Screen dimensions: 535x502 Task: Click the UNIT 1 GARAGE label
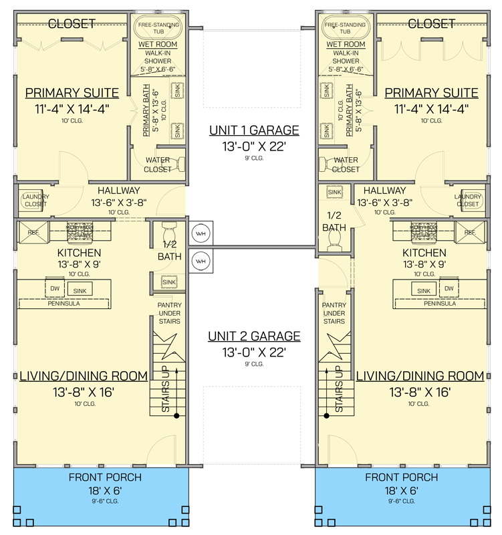click(x=253, y=130)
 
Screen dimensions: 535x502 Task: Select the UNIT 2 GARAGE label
click(x=253, y=336)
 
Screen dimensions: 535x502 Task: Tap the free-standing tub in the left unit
click(x=160, y=27)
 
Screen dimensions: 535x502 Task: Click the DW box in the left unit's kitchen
click(x=55, y=289)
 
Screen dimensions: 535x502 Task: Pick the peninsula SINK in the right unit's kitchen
click(x=423, y=291)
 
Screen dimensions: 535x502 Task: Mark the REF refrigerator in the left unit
click(x=33, y=232)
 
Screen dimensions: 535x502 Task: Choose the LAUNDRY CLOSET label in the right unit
click(x=467, y=200)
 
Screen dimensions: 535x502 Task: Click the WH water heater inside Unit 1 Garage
click(x=201, y=233)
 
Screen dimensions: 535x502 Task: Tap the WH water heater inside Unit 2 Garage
click(x=201, y=260)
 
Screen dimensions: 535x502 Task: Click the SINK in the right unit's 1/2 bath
click(x=334, y=193)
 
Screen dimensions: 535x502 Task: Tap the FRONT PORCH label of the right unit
click(x=402, y=477)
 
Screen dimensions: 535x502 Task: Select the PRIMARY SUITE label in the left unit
click(x=72, y=92)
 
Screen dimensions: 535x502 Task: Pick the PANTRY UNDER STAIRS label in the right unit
click(x=334, y=312)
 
